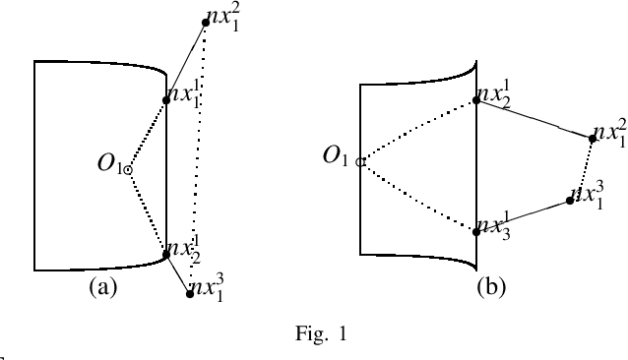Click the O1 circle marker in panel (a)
pos(128,169)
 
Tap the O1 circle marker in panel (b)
pos(361,161)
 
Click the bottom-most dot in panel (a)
pos(190,294)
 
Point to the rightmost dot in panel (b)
pos(593,139)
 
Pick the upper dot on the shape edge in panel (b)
pos(476,98)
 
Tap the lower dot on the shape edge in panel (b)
pos(476,231)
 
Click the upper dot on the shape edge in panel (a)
pos(166,99)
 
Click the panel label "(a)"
pos(103,288)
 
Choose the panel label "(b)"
pos(492,286)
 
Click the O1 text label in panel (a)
pos(106,163)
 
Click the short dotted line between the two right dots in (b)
pos(583,169)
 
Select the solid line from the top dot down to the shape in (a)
pos(184,60)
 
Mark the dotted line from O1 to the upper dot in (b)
pos(418,130)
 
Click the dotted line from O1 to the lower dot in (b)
pos(418,197)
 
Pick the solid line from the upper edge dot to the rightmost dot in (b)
pos(534,118)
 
